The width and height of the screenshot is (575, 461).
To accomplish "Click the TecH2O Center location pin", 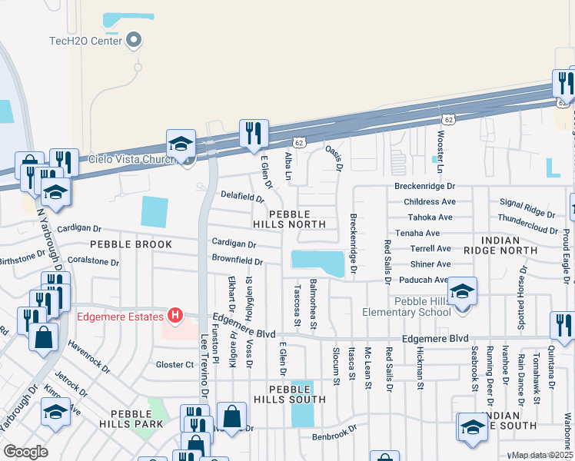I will coord(135,40).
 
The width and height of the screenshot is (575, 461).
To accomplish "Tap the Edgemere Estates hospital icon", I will coord(175,316).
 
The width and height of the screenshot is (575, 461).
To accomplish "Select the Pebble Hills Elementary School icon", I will coord(462,292).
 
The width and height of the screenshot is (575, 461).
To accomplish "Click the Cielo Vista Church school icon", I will coord(181,144).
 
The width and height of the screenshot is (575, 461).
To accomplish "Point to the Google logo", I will coord(25,452).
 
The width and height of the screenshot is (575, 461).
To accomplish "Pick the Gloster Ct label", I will coord(174,364).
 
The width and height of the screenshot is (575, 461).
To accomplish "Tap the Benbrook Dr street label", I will coord(335,436).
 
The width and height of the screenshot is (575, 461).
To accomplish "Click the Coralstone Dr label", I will coord(93,261).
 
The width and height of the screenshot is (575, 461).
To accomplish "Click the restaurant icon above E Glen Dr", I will coord(253,134).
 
